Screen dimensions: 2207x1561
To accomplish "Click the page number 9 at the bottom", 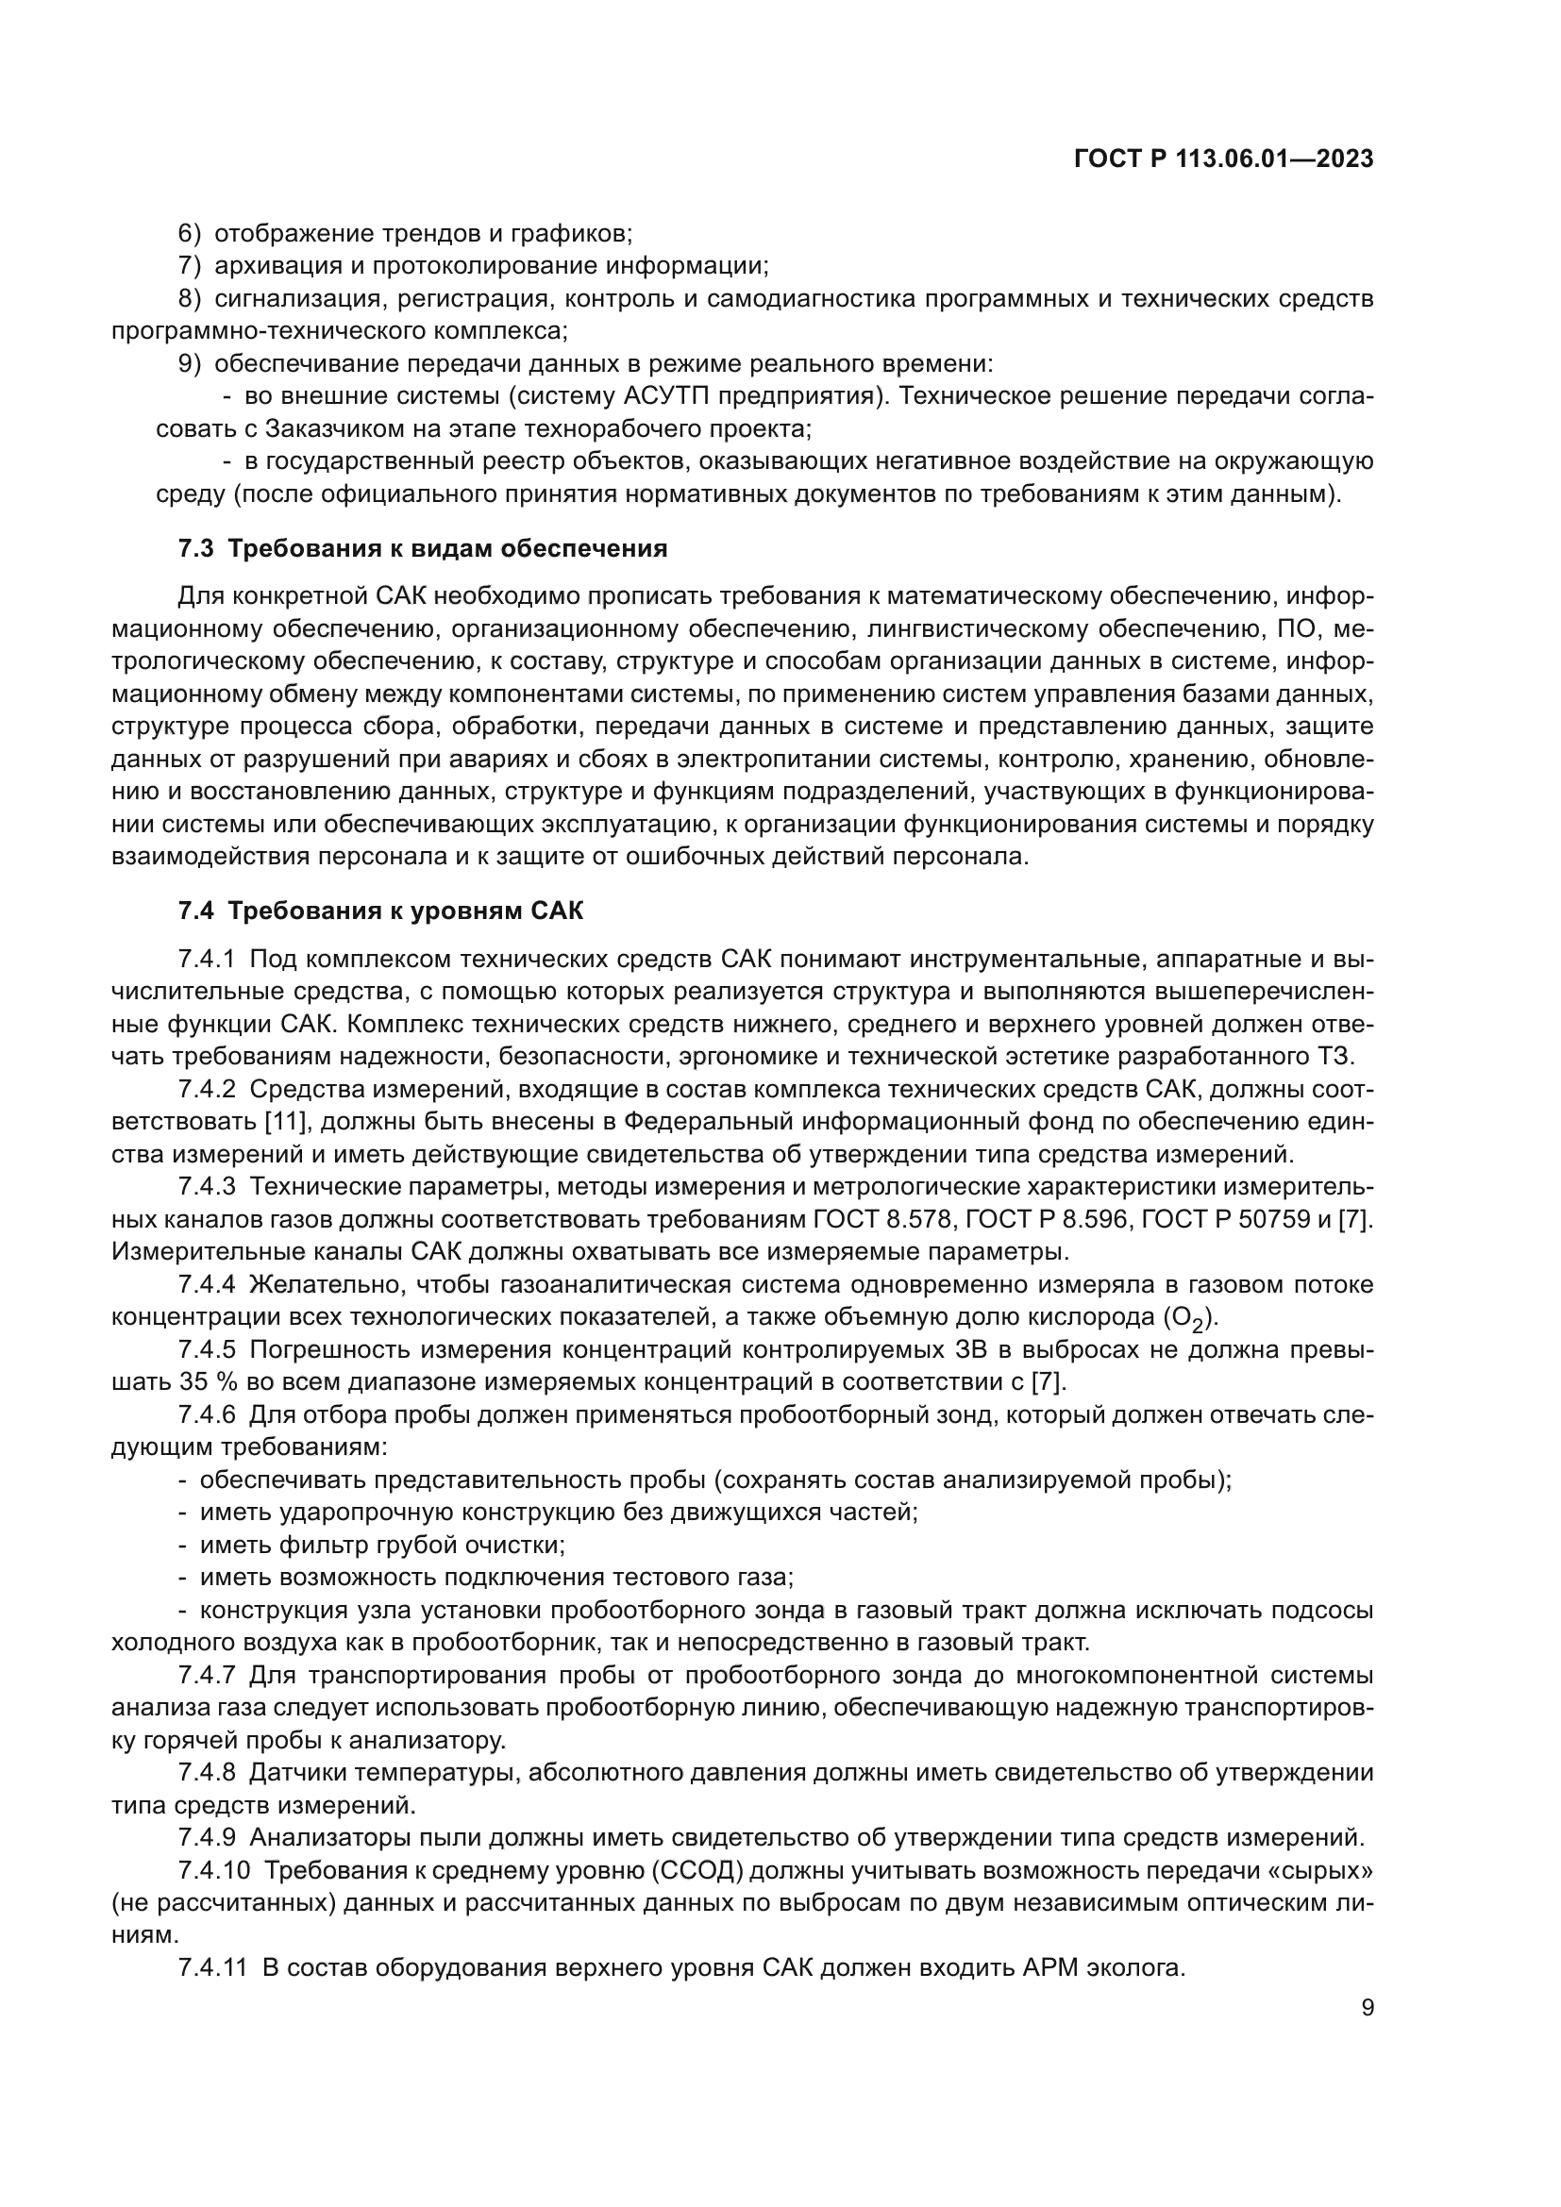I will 1368,2008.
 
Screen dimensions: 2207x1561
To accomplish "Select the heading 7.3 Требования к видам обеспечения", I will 423,549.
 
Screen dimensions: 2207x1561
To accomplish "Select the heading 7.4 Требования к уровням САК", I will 380,911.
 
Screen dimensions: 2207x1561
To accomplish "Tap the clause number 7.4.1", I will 207,960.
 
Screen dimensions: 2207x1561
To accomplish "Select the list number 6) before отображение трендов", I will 190,234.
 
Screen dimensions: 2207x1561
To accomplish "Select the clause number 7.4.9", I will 207,1838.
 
